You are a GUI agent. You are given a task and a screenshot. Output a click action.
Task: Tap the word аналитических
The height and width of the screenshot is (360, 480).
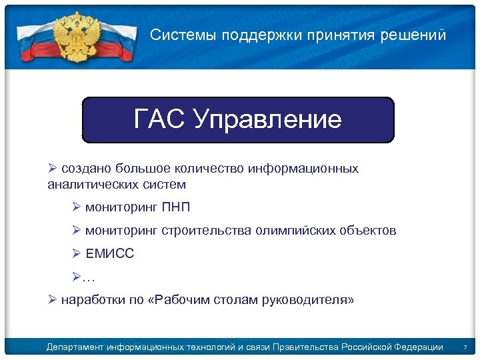tap(93, 184)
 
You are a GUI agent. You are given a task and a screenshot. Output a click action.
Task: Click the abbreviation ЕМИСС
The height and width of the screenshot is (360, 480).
tap(110, 254)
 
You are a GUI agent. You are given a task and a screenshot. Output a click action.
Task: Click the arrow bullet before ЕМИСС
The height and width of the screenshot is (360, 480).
tap(77, 254)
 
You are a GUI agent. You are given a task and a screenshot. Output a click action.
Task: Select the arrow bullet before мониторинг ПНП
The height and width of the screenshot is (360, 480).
tap(77, 207)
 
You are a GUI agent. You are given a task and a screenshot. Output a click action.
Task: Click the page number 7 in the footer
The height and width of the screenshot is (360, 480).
tap(465, 347)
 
